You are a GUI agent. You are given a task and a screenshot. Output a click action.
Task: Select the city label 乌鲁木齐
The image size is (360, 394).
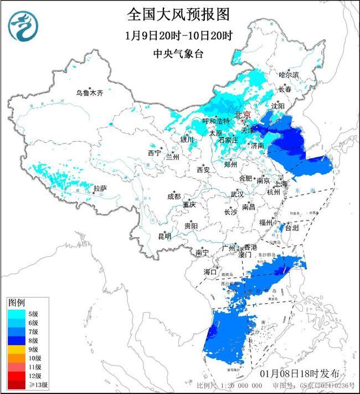90,93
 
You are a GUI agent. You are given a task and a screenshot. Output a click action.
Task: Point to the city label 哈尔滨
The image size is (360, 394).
289,74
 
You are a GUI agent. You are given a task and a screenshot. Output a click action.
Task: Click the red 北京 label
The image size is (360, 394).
243,115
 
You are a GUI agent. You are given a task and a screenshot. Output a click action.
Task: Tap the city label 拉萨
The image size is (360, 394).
100,189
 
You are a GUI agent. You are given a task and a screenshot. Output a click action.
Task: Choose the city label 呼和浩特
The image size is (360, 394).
216,121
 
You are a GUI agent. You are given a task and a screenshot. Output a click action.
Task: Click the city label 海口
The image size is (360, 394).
210,272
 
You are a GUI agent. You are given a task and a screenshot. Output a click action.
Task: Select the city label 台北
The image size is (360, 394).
291,228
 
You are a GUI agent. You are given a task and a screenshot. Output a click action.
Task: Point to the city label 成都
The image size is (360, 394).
174,196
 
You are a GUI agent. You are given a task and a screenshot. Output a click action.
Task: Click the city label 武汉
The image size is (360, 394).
237,195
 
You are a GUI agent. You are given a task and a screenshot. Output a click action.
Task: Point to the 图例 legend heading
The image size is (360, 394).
16,303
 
